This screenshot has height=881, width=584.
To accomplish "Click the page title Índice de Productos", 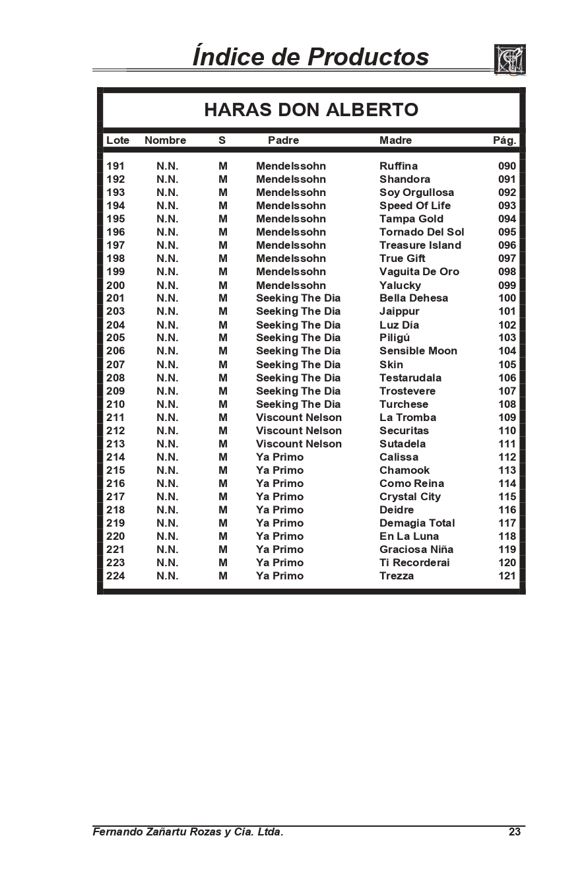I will [310, 57].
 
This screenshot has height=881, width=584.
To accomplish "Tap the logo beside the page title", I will [509, 60].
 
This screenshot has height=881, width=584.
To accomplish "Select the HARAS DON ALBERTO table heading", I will [311, 110].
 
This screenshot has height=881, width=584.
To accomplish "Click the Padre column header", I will [283, 140].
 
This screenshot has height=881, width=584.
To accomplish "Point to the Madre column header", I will [395, 140].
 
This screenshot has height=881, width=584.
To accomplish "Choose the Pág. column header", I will [504, 140].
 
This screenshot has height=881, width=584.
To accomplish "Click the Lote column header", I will [117, 140].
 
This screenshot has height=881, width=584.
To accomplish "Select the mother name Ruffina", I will [398, 166].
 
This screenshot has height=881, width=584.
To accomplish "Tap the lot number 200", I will [115, 285].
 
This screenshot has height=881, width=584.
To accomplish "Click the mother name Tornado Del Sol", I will [421, 232].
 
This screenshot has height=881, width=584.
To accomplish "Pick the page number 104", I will [507, 351].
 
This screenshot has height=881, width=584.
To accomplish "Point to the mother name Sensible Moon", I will [418, 351].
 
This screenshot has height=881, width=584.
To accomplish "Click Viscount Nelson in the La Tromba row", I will [298, 417].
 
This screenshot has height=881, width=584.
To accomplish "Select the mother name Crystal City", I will [410, 496].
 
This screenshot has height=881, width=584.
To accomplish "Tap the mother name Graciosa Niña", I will [416, 549].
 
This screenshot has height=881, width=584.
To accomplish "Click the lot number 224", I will [115, 575].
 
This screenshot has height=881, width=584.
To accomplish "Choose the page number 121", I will [507, 575].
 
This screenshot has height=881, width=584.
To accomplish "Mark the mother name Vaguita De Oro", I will [419, 271].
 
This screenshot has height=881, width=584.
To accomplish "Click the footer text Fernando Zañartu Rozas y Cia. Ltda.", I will [188, 832].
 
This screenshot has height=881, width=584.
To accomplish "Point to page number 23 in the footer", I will [515, 832].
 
